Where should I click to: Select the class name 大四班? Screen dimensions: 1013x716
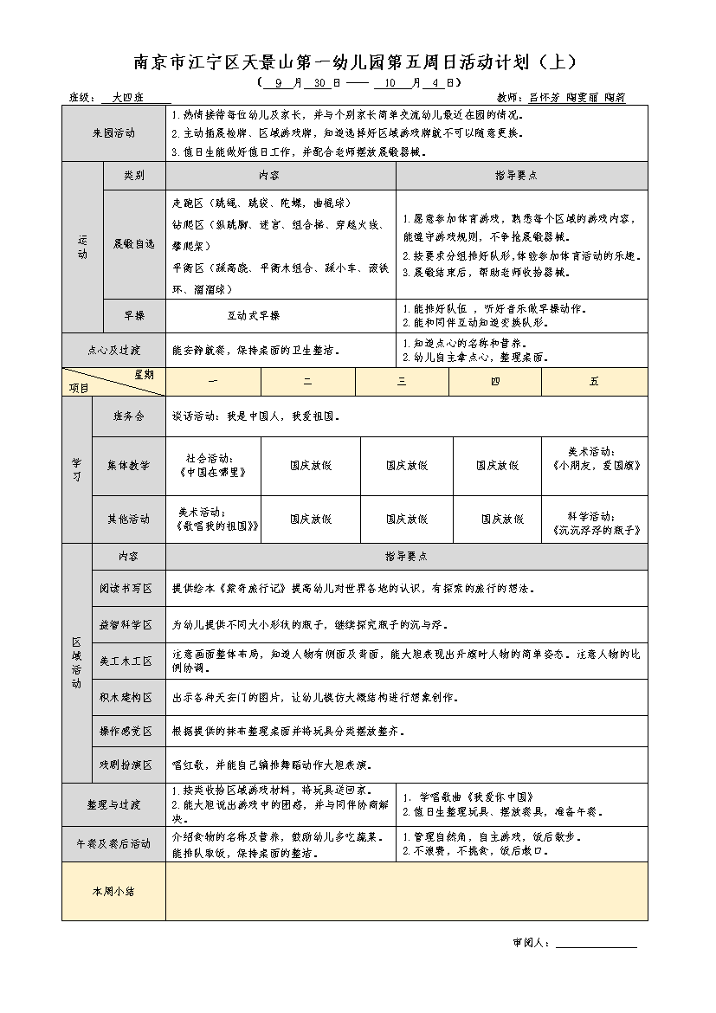pyautogui.click(x=128, y=98)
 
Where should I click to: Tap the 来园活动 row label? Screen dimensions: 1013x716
pyautogui.click(x=113, y=133)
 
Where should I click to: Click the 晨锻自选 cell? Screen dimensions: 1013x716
pyautogui.click(x=133, y=244)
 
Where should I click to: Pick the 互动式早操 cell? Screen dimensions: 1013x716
pyautogui.click(x=254, y=316)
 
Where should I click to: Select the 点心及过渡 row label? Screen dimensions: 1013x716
pyautogui.click(x=113, y=351)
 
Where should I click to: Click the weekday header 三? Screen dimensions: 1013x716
pyautogui.click(x=402, y=382)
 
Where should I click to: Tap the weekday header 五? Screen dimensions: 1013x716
pyautogui.click(x=594, y=382)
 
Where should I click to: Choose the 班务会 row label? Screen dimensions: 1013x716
pyautogui.click(x=128, y=416)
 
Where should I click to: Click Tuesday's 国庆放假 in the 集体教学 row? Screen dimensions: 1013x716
pyautogui.click(x=311, y=466)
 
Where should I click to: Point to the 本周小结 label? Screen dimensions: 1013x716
pyautogui.click(x=113, y=891)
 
